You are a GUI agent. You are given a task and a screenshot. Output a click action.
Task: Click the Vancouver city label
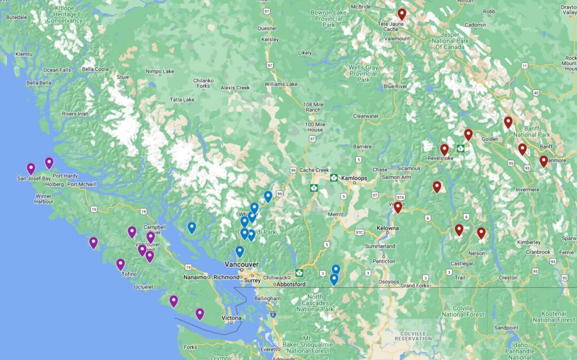(x=241, y=265)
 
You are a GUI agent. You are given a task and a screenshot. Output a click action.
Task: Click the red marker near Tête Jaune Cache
(x=402, y=14)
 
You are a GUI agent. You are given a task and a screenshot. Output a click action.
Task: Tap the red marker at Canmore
(x=543, y=160)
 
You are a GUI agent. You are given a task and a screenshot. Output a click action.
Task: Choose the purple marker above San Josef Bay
(x=31, y=168)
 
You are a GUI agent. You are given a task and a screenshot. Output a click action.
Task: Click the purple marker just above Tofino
(x=121, y=264)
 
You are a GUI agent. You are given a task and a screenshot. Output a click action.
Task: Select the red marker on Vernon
(x=397, y=207)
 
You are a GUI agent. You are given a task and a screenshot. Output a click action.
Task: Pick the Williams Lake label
(x=280, y=84)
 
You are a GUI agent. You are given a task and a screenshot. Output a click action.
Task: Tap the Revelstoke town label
(x=439, y=159)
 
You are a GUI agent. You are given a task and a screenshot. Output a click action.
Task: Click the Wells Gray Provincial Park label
(x=363, y=74)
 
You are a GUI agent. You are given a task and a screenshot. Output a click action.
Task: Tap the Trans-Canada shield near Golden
(x=459, y=148)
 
